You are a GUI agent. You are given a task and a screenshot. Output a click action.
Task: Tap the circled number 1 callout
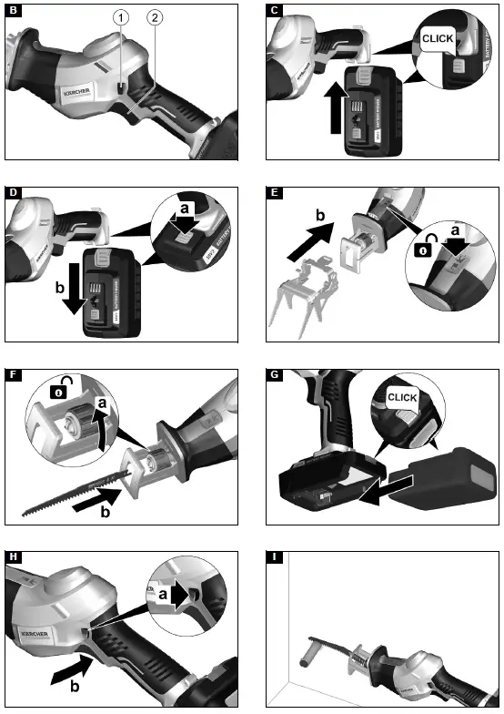pos(120,17)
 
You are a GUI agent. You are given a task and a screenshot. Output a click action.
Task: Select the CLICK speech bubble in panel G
pos(401,398)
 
